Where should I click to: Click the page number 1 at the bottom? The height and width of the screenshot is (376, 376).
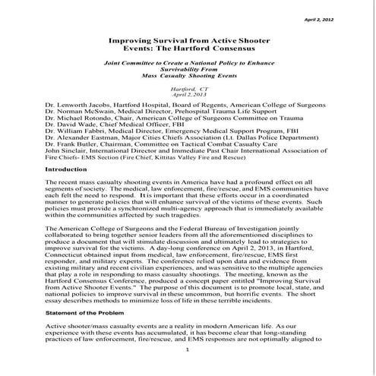[186, 371]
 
